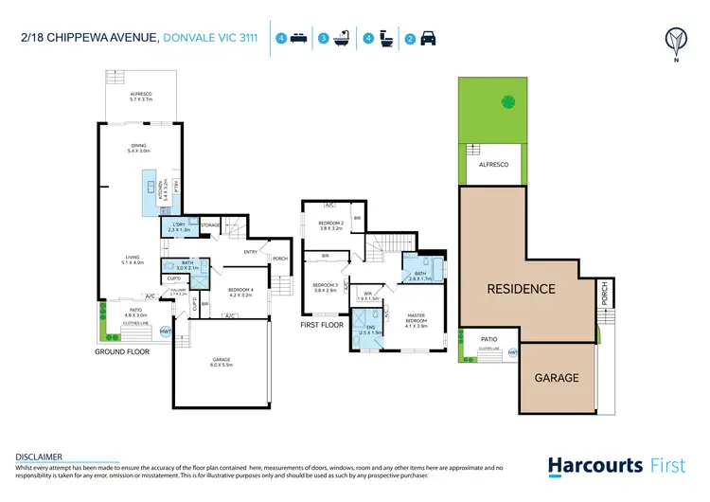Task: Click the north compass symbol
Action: click(x=675, y=39)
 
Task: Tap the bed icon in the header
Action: click(x=299, y=39)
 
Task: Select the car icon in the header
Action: click(x=428, y=40)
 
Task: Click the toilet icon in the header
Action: click(x=388, y=39)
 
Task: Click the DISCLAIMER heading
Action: click(x=38, y=456)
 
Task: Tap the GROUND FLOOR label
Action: click(x=122, y=350)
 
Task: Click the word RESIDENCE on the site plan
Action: click(x=521, y=288)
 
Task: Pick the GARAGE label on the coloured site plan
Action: click(x=557, y=377)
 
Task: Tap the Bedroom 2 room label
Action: click(x=330, y=226)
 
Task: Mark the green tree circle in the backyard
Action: click(x=507, y=100)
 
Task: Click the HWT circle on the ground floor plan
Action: click(x=166, y=332)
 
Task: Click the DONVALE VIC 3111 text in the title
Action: click(x=210, y=39)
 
